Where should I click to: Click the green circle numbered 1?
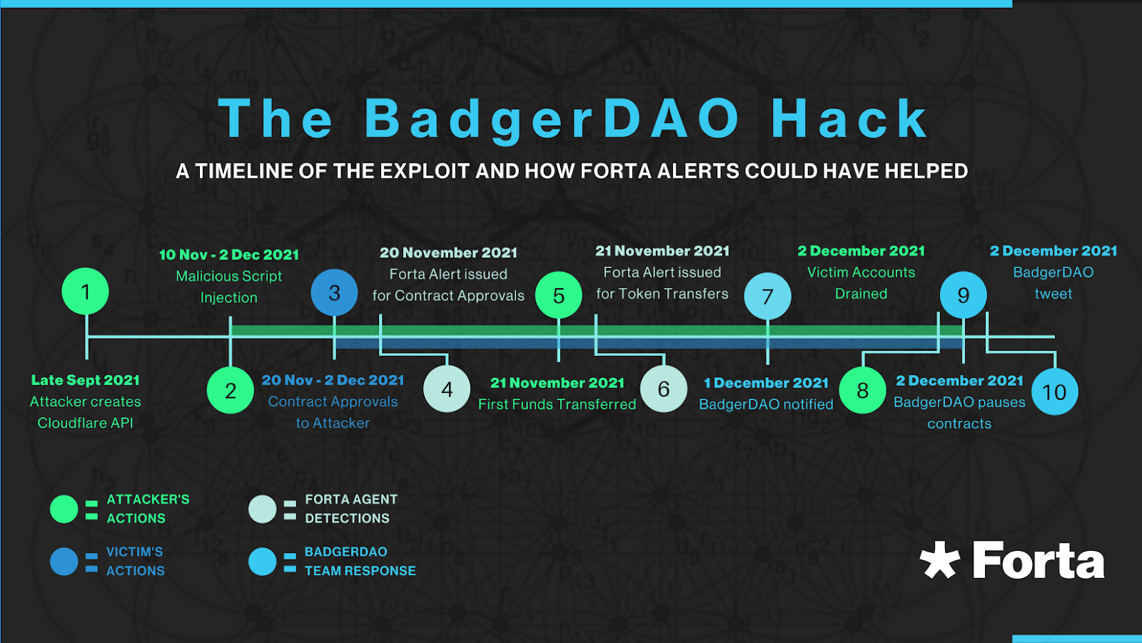coord(85,291)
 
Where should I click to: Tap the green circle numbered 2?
coord(231,390)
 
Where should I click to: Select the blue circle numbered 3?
coord(335,293)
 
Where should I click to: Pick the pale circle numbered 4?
coord(447,389)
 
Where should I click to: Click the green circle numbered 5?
coord(559,295)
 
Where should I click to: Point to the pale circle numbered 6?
coord(664,389)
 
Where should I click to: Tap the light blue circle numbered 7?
coord(768,296)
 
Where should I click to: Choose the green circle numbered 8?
coord(863,390)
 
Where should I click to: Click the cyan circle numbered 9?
coord(964,295)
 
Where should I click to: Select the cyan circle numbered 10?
coord(1055,392)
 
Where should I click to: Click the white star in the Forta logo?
coord(939,560)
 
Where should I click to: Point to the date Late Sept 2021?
coord(85,380)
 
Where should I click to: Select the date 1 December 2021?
coord(766,383)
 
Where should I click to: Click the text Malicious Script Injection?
coord(229,286)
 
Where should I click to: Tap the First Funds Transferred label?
coord(557,404)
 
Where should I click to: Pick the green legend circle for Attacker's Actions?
coord(64,509)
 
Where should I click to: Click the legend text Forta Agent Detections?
coord(351,509)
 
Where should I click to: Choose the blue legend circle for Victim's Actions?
coord(64,562)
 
